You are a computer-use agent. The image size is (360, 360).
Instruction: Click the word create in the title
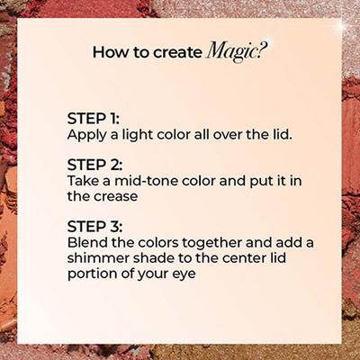(x=178, y=53)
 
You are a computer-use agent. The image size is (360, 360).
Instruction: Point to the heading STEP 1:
(x=94, y=119)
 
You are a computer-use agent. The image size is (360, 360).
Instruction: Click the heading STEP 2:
(x=94, y=165)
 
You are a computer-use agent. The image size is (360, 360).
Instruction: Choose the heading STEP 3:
(x=94, y=227)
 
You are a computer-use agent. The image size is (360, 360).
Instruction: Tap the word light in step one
(x=138, y=135)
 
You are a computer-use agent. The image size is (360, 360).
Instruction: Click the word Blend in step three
(x=87, y=242)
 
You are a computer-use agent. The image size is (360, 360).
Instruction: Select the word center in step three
(x=239, y=258)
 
